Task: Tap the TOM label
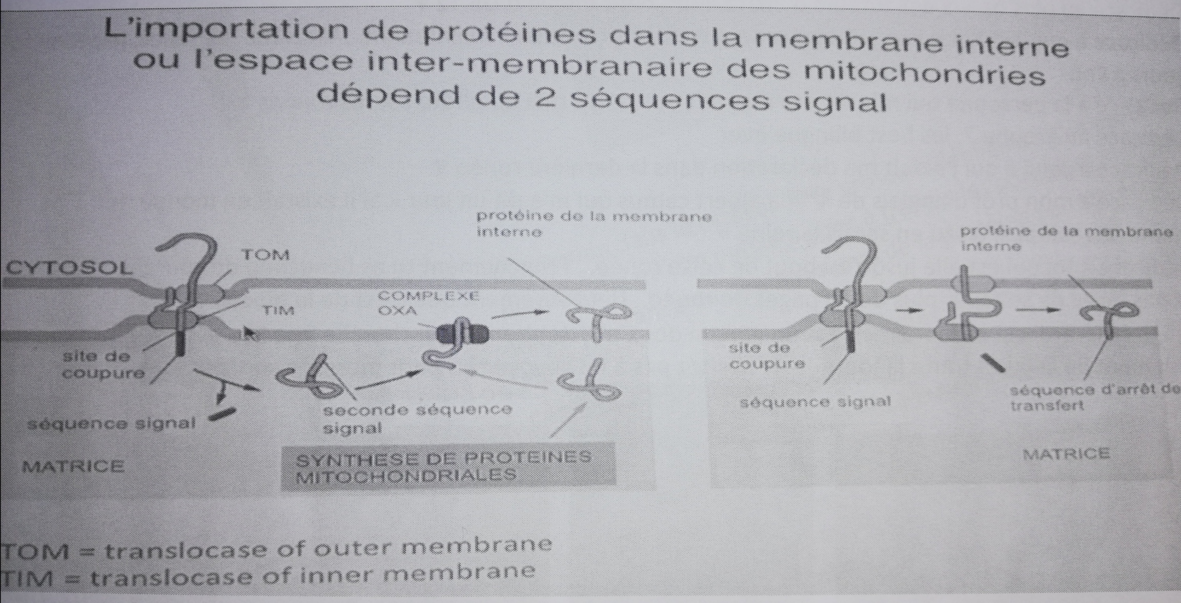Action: (x=266, y=255)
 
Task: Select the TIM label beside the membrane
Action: (x=278, y=311)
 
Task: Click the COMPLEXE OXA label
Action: (x=428, y=303)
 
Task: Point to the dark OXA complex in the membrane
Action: (x=462, y=334)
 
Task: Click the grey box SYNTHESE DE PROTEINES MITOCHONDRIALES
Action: (x=449, y=466)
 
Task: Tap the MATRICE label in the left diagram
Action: (x=73, y=466)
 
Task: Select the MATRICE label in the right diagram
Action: (x=1066, y=454)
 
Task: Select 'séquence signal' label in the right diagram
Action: (x=815, y=402)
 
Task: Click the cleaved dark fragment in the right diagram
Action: (x=993, y=363)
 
